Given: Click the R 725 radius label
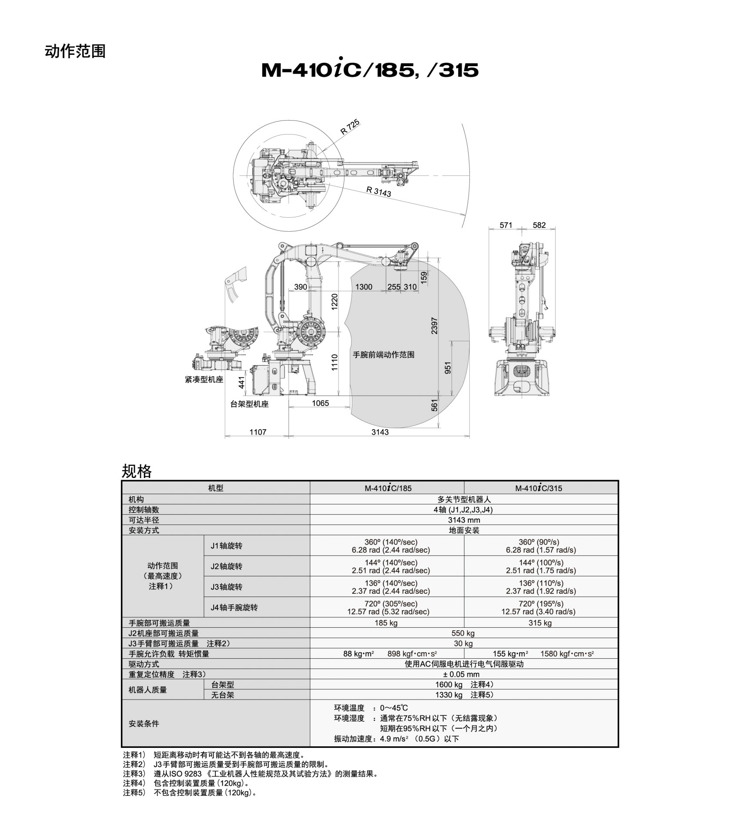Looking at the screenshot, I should coord(350,127).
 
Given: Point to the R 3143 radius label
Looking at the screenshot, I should coord(378,192).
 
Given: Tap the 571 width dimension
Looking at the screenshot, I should coord(506,225).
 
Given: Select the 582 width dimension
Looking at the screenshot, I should coord(539,225).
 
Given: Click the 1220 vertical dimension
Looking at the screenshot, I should coord(335,301).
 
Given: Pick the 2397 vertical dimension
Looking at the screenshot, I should coord(434,326).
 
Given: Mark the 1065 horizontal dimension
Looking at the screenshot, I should coord(320,403).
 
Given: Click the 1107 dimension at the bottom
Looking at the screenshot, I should coord(258,432).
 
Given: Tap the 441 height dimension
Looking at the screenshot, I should coord(242,383).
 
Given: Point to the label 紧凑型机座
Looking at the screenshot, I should coord(204,380).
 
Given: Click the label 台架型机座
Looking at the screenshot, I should coord(249,404).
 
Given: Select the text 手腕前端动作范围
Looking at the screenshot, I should coord(383,355).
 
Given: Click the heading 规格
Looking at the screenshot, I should coord(137,471).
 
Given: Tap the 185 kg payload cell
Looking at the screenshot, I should coord(386,623).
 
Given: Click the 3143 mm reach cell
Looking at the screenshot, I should coord(464,520).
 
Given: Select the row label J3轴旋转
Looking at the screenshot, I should coord(226,587).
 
